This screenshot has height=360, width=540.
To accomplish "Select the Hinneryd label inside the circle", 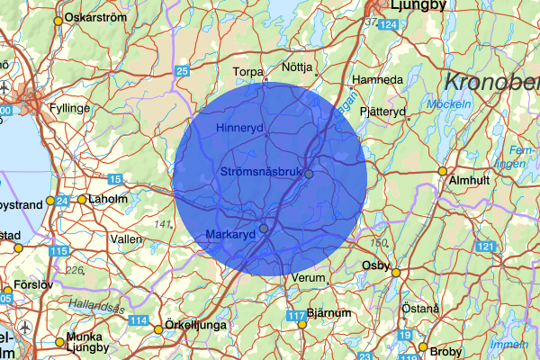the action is point(239,129).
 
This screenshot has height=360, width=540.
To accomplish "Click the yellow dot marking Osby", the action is point(395,273).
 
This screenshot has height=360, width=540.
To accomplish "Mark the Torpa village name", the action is point(247,71).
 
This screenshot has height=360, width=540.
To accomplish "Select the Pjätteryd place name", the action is point(383,112).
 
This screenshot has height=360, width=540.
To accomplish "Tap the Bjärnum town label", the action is point(328,313).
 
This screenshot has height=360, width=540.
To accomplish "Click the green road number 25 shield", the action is point(183,71).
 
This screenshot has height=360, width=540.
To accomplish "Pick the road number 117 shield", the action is point(297,316).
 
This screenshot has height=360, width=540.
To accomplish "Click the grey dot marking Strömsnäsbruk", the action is point(309,173).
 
